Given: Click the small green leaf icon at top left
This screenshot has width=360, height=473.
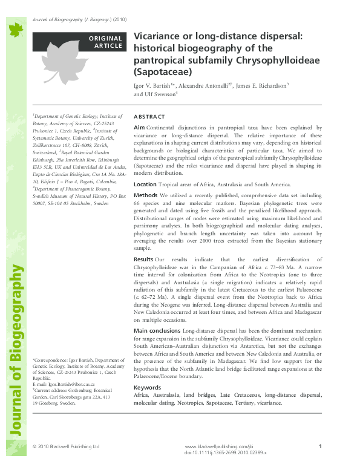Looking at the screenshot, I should pos(14,28).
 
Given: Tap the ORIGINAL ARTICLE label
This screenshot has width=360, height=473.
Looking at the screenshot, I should pos(105,42).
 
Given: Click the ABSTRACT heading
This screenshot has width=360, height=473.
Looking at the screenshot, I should pos(149,116).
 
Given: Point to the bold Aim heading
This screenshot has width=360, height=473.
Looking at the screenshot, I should pos(139,128).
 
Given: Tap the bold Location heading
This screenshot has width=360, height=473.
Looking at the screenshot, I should pos(145,184).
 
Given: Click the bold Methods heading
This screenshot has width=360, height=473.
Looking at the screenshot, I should pos(145,196).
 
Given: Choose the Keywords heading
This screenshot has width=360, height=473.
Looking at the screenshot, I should pos(147,387).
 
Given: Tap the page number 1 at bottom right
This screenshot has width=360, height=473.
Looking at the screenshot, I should pos(319,446).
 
